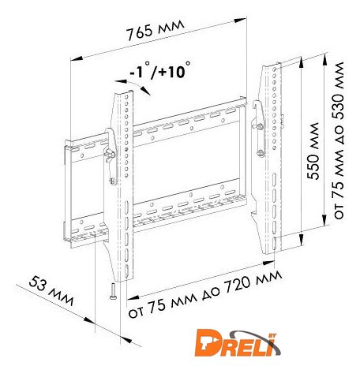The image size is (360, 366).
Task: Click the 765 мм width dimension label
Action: [x=156, y=30]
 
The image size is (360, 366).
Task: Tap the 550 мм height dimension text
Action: [x=313, y=151]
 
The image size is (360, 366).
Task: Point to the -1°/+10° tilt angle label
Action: [x=159, y=71]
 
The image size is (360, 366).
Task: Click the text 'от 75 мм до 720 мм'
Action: [x=205, y=294]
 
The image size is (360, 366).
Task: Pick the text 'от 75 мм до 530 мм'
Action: [x=339, y=140]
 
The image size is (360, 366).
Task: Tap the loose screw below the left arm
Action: [x=112, y=291]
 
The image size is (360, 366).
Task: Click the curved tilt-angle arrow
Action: [x=133, y=85]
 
